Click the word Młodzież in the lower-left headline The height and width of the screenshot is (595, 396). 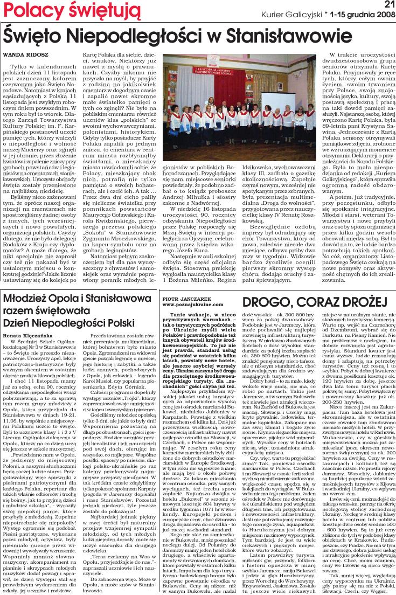tap(27, 299)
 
